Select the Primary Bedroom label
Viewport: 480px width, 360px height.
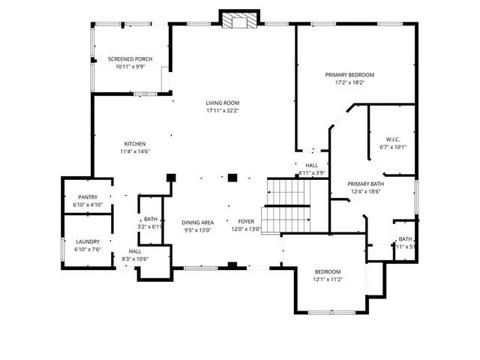(349, 74)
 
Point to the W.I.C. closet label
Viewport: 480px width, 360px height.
(393, 139)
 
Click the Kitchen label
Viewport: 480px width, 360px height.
(135, 144)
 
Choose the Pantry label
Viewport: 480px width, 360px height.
(87, 197)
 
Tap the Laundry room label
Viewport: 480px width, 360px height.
(87, 241)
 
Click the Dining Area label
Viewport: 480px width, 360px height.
(198, 222)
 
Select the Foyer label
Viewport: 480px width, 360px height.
(247, 222)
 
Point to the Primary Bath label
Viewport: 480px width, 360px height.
(366, 184)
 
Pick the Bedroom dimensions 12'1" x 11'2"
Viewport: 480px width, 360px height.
(328, 280)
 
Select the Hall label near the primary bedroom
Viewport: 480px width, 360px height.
(311, 166)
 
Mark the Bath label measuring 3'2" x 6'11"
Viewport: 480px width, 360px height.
(151, 219)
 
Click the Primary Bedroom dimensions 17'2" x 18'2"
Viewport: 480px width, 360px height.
(349, 82)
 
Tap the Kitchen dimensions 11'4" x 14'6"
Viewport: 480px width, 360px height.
(135, 151)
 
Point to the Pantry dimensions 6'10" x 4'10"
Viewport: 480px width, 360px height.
(87, 205)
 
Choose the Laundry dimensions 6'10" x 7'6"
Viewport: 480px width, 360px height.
(87, 250)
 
